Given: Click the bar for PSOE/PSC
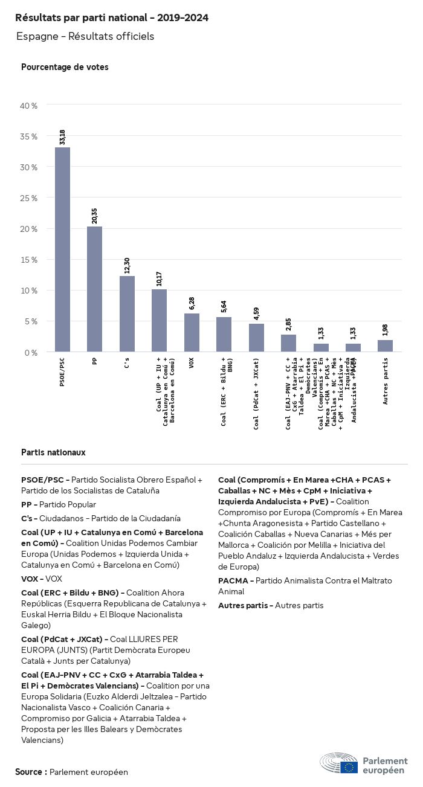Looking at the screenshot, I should [x=62, y=249].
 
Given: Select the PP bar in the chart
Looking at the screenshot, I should [x=94, y=289].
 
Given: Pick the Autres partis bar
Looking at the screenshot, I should [x=385, y=345].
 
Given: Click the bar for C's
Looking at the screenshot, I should [x=127, y=313].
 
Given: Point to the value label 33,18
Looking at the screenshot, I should [x=62, y=137].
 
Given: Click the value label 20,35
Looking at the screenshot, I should [x=94, y=216].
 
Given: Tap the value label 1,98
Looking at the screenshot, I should [x=385, y=330].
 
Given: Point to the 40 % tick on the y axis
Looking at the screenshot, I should [x=28, y=106].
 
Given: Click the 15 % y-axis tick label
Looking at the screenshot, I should [x=28, y=260].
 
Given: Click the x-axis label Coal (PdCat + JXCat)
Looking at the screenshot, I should [x=256, y=394].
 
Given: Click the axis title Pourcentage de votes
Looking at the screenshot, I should [x=65, y=67].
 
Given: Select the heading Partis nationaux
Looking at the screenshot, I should [x=53, y=452].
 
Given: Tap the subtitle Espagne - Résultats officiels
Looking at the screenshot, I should [x=85, y=36].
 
